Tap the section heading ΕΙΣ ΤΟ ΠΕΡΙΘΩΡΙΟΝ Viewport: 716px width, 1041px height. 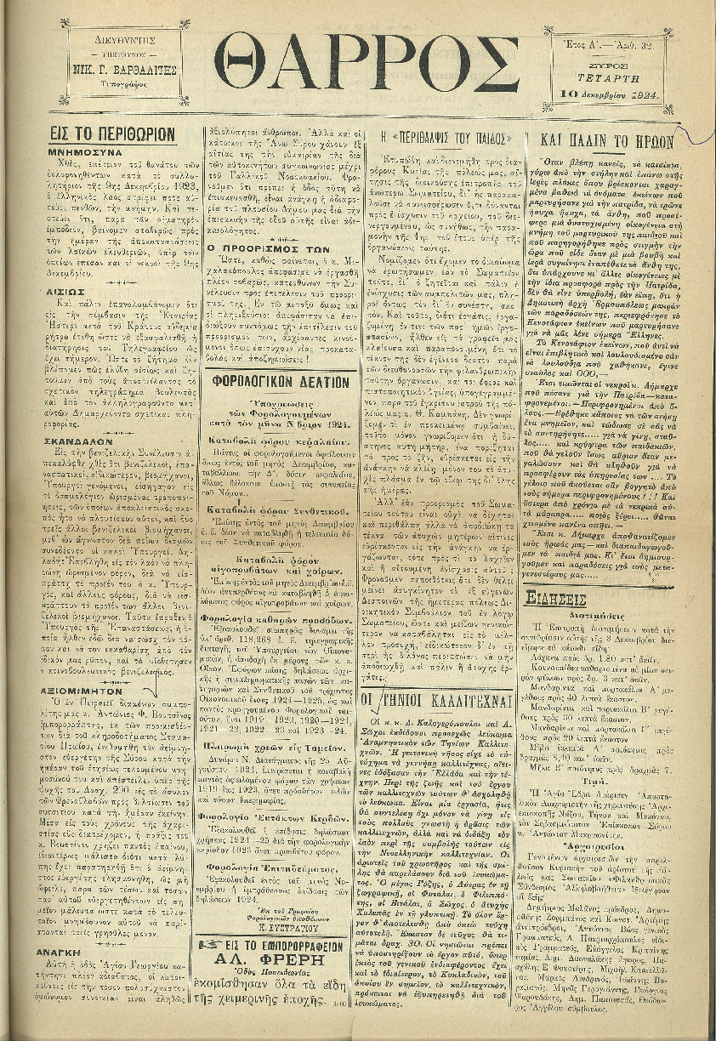click(x=112, y=134)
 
